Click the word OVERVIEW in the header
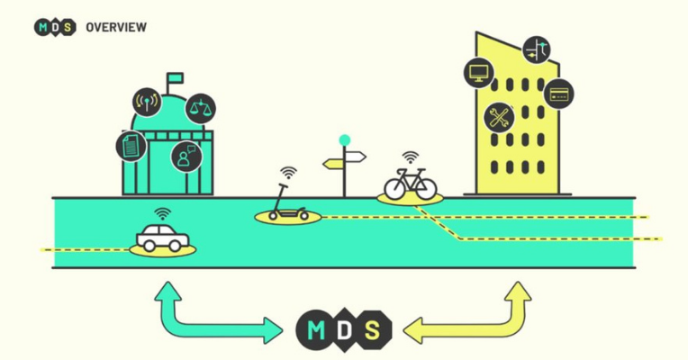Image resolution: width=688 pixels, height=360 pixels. point(116,27)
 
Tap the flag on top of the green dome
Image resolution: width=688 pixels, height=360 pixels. point(175,78)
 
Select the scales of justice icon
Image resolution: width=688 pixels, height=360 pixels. point(200,109)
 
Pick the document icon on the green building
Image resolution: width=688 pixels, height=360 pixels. point(131,145)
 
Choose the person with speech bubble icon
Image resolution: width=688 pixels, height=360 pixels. point(186,156)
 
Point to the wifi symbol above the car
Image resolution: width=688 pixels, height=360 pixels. point(162,214)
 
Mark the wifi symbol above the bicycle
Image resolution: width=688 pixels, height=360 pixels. point(410,157)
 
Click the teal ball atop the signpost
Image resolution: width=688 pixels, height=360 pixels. point(344,140)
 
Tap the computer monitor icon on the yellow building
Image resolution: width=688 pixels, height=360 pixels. point(479,72)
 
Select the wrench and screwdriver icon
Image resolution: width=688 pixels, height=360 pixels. point(498,116)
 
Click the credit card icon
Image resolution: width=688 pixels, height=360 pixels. point(558,92)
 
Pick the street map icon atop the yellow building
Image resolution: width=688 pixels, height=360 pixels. point(536,49)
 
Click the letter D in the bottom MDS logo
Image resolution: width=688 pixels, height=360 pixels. point(344,330)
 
